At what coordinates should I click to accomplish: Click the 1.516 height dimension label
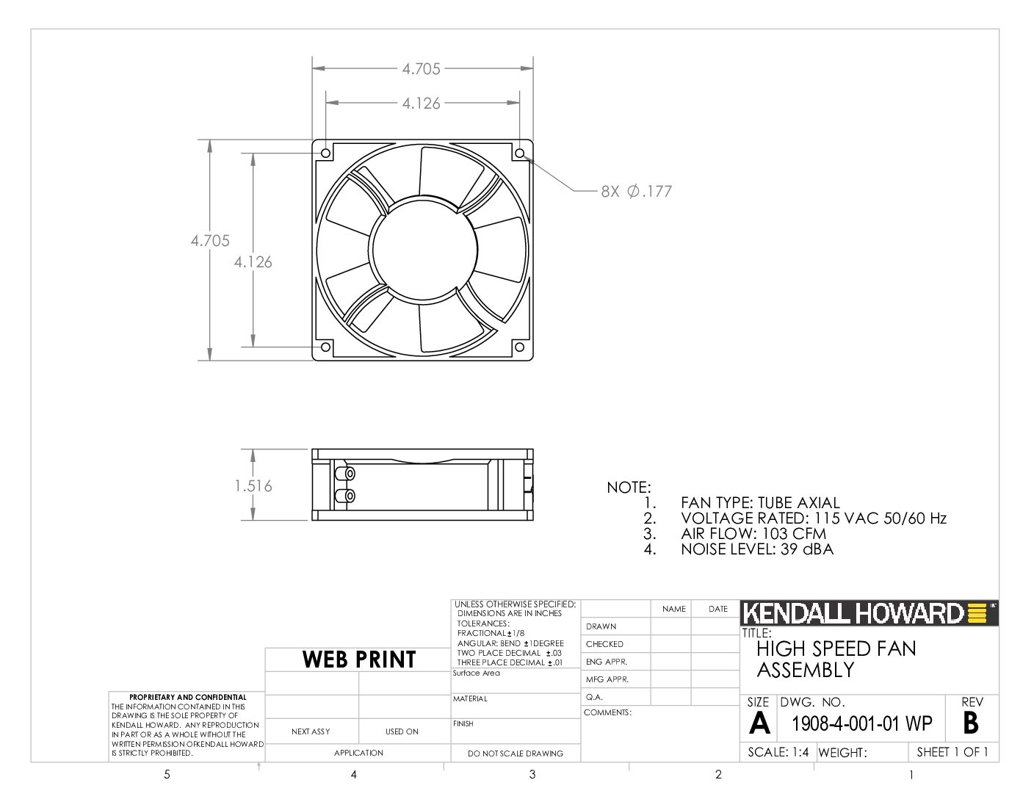pos(253,486)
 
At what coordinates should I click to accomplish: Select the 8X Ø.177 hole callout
pos(636,191)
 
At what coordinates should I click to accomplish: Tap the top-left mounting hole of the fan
pos(326,153)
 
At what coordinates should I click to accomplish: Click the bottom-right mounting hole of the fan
pos(520,347)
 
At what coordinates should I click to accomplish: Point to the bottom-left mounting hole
pos(326,347)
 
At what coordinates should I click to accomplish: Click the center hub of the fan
pos(423,250)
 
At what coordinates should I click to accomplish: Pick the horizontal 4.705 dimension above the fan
pos(421,69)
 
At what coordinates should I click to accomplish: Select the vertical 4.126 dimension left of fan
pos(253,262)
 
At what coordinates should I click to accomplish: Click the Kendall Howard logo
pos(869,613)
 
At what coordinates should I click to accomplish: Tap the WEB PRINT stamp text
pos(359,659)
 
